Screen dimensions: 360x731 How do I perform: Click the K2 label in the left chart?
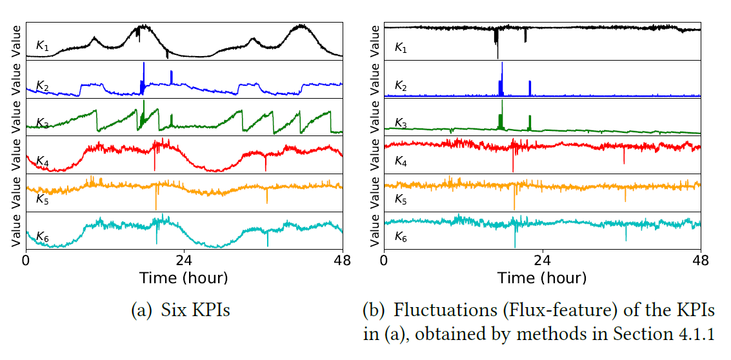(x=42, y=86)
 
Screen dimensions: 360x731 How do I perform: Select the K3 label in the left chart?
(x=42, y=123)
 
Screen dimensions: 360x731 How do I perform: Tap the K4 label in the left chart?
(x=42, y=161)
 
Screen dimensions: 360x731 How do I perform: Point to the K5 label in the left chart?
(x=42, y=199)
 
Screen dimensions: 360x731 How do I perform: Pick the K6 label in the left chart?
(x=42, y=237)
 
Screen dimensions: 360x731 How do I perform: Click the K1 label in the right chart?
(x=401, y=48)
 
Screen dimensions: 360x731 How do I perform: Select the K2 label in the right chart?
(x=401, y=86)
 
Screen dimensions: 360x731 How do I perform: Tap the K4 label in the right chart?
(x=401, y=161)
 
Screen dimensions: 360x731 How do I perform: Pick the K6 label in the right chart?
(x=401, y=237)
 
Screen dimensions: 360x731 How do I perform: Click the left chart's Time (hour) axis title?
(x=184, y=278)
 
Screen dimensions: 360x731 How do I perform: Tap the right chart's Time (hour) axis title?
(x=542, y=278)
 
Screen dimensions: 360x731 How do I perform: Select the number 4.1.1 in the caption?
(x=705, y=334)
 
